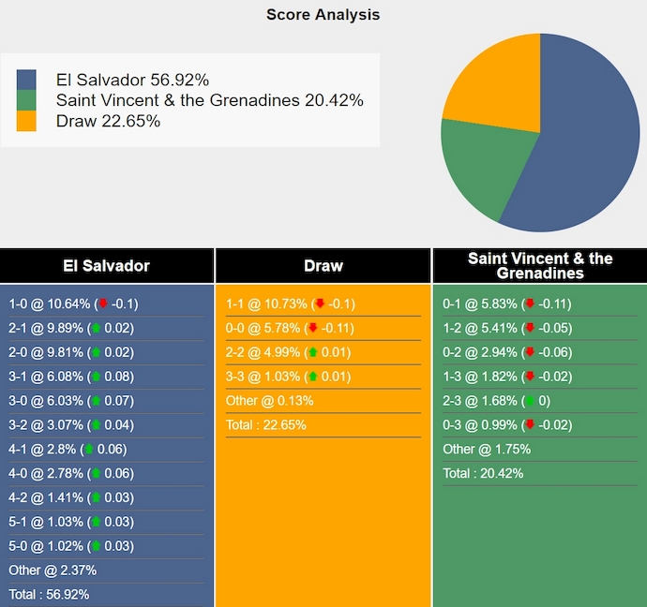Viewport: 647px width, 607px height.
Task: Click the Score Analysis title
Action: click(x=323, y=14)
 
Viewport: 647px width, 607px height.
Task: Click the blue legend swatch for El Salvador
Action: click(x=26, y=80)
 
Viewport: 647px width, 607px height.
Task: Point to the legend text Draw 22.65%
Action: click(x=108, y=121)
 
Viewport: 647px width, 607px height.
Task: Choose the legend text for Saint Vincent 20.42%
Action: click(x=209, y=100)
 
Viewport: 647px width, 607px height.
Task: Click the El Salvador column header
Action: click(x=106, y=266)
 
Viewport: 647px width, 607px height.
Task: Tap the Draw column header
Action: click(x=323, y=266)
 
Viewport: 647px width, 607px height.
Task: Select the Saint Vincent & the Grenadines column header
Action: click(x=540, y=266)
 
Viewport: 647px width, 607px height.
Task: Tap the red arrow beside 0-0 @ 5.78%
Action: click(x=313, y=328)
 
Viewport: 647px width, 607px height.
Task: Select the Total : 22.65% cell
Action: click(x=266, y=424)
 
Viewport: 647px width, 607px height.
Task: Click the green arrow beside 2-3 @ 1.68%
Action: click(x=530, y=401)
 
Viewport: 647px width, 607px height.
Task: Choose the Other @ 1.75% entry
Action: click(x=487, y=450)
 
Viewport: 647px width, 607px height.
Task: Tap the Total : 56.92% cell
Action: click(x=49, y=594)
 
